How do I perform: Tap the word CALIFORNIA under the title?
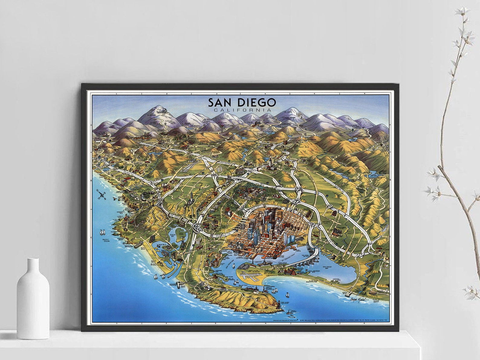pyautogui.click(x=242, y=110)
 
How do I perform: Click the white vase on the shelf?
pyautogui.click(x=33, y=299)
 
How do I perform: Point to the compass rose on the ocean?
pyautogui.click(x=101, y=195)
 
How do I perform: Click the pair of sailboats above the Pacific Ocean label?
pyautogui.click(x=102, y=232)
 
